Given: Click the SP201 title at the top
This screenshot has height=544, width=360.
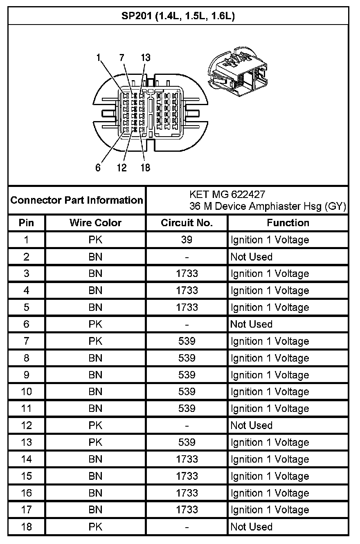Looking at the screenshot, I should (x=178, y=16).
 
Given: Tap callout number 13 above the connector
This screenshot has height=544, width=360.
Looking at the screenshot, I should (x=145, y=58).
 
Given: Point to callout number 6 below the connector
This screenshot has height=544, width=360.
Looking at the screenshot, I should (x=98, y=168).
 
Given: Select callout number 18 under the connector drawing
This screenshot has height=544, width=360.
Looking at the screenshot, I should (x=145, y=168).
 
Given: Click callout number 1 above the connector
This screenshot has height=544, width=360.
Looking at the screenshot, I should (x=98, y=58).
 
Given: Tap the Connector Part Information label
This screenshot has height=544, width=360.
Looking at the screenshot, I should (x=77, y=200).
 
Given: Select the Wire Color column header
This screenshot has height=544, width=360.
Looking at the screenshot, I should (x=95, y=223).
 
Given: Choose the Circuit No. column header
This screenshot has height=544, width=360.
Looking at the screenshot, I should (x=187, y=223).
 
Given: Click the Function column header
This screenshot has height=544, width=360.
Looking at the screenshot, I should (x=288, y=223).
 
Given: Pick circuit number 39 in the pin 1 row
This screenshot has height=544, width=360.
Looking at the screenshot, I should (x=187, y=240).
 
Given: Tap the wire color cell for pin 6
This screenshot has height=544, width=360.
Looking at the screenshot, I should (x=95, y=324).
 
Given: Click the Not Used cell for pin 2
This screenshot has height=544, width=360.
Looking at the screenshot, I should (x=251, y=257).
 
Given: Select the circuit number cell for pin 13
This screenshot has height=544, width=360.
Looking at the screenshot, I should (x=187, y=442).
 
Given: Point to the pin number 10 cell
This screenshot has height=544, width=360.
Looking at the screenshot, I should (x=27, y=391).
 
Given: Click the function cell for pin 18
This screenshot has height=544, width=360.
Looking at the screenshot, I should (x=251, y=526).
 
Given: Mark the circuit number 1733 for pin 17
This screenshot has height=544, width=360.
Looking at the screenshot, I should (x=187, y=510).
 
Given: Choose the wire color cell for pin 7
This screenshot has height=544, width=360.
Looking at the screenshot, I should (x=95, y=341).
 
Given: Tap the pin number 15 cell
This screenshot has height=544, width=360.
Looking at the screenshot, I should (x=27, y=476).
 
